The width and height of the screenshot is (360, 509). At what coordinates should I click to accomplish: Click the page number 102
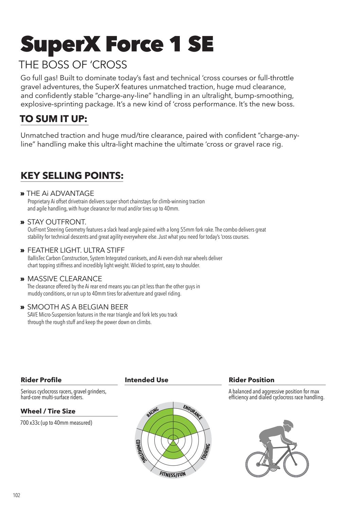pos(17,495)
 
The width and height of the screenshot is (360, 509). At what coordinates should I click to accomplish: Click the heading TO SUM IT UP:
pos(54,119)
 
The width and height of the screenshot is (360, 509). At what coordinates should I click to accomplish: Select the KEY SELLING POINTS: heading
pos(72,175)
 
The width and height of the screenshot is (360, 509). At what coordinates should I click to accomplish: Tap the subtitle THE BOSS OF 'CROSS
pos(73,64)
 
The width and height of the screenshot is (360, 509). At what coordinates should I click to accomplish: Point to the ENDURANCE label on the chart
pos(193,412)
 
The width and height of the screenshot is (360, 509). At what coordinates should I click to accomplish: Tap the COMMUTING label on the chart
pos(140,451)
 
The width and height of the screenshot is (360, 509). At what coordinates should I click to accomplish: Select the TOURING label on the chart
pos(206,452)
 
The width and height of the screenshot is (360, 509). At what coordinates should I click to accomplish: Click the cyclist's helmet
pos(288,424)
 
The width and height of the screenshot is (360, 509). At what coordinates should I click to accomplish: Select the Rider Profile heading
pos(41,380)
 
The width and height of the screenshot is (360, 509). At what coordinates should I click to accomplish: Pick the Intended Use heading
pos(147,380)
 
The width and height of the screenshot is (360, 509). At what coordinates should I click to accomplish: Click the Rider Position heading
pos(252,380)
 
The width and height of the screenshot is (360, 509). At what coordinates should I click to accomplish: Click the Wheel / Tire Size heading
pos(48,411)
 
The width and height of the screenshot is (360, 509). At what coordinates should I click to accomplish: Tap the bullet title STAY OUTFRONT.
pos(56,222)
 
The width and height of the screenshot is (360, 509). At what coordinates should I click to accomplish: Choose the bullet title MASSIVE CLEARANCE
pos(65,279)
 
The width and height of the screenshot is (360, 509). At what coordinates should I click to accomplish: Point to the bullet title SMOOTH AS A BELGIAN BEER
pos(78,307)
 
